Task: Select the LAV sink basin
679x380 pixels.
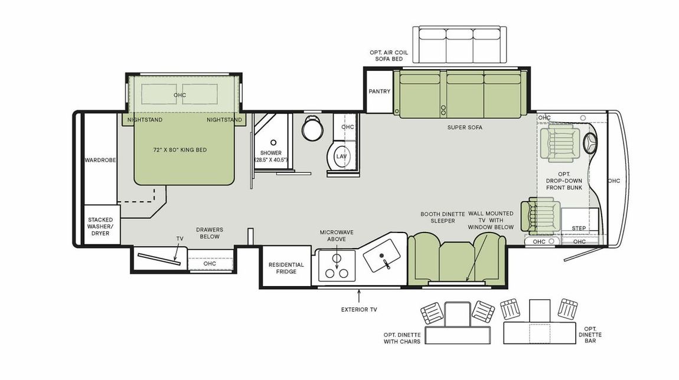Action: pos(340,156)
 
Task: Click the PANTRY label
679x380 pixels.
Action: pos(379,91)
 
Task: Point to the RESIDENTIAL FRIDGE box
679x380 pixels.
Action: pos(286,268)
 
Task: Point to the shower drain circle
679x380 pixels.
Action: pos(273,143)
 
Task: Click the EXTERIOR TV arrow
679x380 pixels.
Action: pos(358,294)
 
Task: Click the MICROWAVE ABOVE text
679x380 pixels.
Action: pos(337,236)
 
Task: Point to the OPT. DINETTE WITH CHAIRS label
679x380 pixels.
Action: pos(401,338)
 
